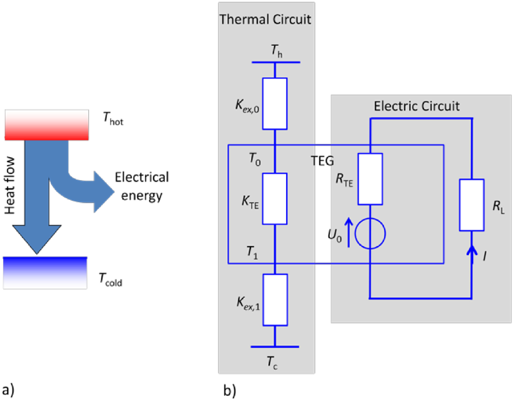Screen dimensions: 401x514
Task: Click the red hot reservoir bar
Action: click(47, 125)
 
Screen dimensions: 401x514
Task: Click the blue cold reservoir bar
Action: click(45, 273)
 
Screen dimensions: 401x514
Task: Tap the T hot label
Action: click(113, 119)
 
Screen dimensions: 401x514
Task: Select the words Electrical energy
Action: click(142, 186)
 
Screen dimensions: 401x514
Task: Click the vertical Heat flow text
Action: click(10, 185)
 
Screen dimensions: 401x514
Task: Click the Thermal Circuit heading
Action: click(265, 19)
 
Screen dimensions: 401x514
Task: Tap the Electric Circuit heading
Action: click(416, 106)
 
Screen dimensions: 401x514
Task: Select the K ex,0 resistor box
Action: click(275, 104)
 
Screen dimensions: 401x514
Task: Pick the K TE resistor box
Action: click(275, 199)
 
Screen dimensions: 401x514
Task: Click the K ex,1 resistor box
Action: click(275, 300)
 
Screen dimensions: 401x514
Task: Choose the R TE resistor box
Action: click(370, 179)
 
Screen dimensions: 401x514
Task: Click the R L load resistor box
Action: click(472, 205)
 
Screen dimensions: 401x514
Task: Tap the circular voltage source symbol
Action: click(370, 233)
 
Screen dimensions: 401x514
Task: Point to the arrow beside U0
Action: click(349, 233)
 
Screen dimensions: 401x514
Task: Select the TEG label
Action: click(322, 161)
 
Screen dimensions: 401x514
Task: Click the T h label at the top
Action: click(276, 51)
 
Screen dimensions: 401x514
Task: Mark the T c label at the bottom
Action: click(272, 362)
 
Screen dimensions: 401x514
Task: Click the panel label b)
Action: click(229, 390)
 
